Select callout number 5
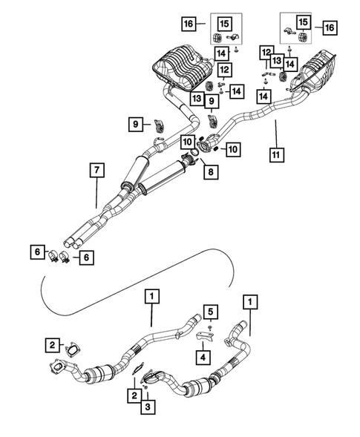[212, 310]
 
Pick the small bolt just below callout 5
[211, 326]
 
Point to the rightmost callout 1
[250, 302]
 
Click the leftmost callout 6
[38, 252]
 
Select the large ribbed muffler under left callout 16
[183, 65]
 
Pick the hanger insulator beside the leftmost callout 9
[159, 123]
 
